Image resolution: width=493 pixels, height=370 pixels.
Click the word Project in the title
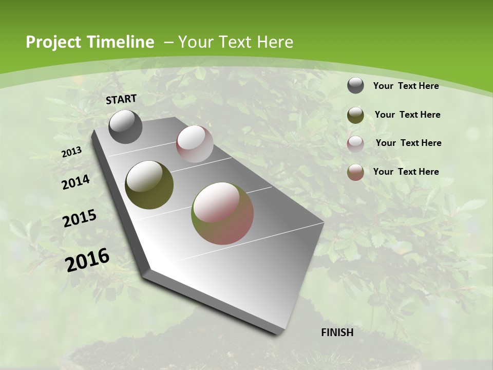click(50, 42)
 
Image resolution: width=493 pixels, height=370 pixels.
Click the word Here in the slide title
click(275, 42)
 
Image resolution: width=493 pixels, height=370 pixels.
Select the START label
click(121, 99)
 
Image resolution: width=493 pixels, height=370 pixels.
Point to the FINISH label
click(337, 332)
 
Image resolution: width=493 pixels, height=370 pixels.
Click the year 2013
click(71, 152)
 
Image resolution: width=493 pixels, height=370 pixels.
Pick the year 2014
click(76, 182)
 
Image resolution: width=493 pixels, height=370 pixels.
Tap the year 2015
click(80, 218)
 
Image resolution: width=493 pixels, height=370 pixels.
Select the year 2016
click(87, 260)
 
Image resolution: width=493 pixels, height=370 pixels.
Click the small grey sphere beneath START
click(125, 126)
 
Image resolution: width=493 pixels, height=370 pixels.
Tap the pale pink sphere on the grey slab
click(195, 144)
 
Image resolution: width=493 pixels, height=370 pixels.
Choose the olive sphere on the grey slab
click(149, 184)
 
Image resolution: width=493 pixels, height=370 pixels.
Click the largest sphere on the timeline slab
click(222, 213)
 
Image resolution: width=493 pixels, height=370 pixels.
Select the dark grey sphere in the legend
click(355, 86)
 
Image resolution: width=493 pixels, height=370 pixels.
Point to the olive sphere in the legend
click(355, 115)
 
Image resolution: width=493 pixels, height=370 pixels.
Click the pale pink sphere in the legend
click(355, 144)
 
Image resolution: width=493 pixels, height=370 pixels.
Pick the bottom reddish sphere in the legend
click(355, 172)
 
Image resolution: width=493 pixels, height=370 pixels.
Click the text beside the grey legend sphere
click(406, 86)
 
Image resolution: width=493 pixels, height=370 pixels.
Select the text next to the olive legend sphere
click(407, 115)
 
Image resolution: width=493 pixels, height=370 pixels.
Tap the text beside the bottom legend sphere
click(406, 172)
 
